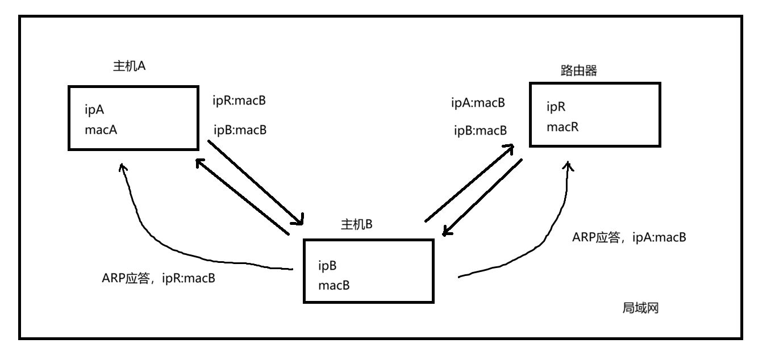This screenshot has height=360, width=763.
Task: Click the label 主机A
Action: tap(130, 66)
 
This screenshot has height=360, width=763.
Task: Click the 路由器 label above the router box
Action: tap(578, 71)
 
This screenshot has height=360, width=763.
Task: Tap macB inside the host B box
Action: tap(334, 284)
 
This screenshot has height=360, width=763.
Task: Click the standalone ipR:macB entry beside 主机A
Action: tap(239, 101)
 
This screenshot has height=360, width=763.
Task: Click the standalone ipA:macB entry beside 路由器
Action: tap(478, 103)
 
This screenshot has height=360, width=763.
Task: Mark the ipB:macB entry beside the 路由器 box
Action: tap(480, 131)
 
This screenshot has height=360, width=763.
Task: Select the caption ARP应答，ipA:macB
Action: tap(629, 237)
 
